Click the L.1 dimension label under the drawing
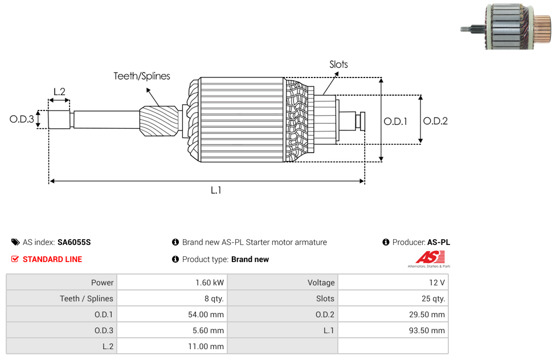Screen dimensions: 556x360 point(216,190)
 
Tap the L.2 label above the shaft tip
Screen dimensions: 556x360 point(59,92)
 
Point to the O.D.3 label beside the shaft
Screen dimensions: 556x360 point(22,119)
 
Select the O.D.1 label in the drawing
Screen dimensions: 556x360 point(395,122)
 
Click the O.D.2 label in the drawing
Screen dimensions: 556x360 point(435,121)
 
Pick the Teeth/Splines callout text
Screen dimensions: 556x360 point(142,76)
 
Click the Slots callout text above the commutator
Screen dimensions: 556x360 point(338,64)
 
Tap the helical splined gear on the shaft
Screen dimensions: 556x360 point(159,121)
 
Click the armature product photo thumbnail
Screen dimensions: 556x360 point(506,27)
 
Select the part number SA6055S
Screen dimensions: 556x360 point(74,242)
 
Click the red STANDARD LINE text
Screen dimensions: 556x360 point(52,259)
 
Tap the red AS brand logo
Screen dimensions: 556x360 point(430,259)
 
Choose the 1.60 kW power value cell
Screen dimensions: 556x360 point(173,283)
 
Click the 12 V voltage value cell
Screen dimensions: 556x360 point(393,283)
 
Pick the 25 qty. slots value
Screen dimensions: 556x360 point(433,298)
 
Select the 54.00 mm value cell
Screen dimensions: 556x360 point(173,314)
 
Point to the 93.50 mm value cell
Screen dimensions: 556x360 point(393,330)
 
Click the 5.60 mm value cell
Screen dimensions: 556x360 point(173,330)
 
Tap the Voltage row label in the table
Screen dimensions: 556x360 point(321,283)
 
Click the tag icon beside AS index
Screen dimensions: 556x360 point(15,242)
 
